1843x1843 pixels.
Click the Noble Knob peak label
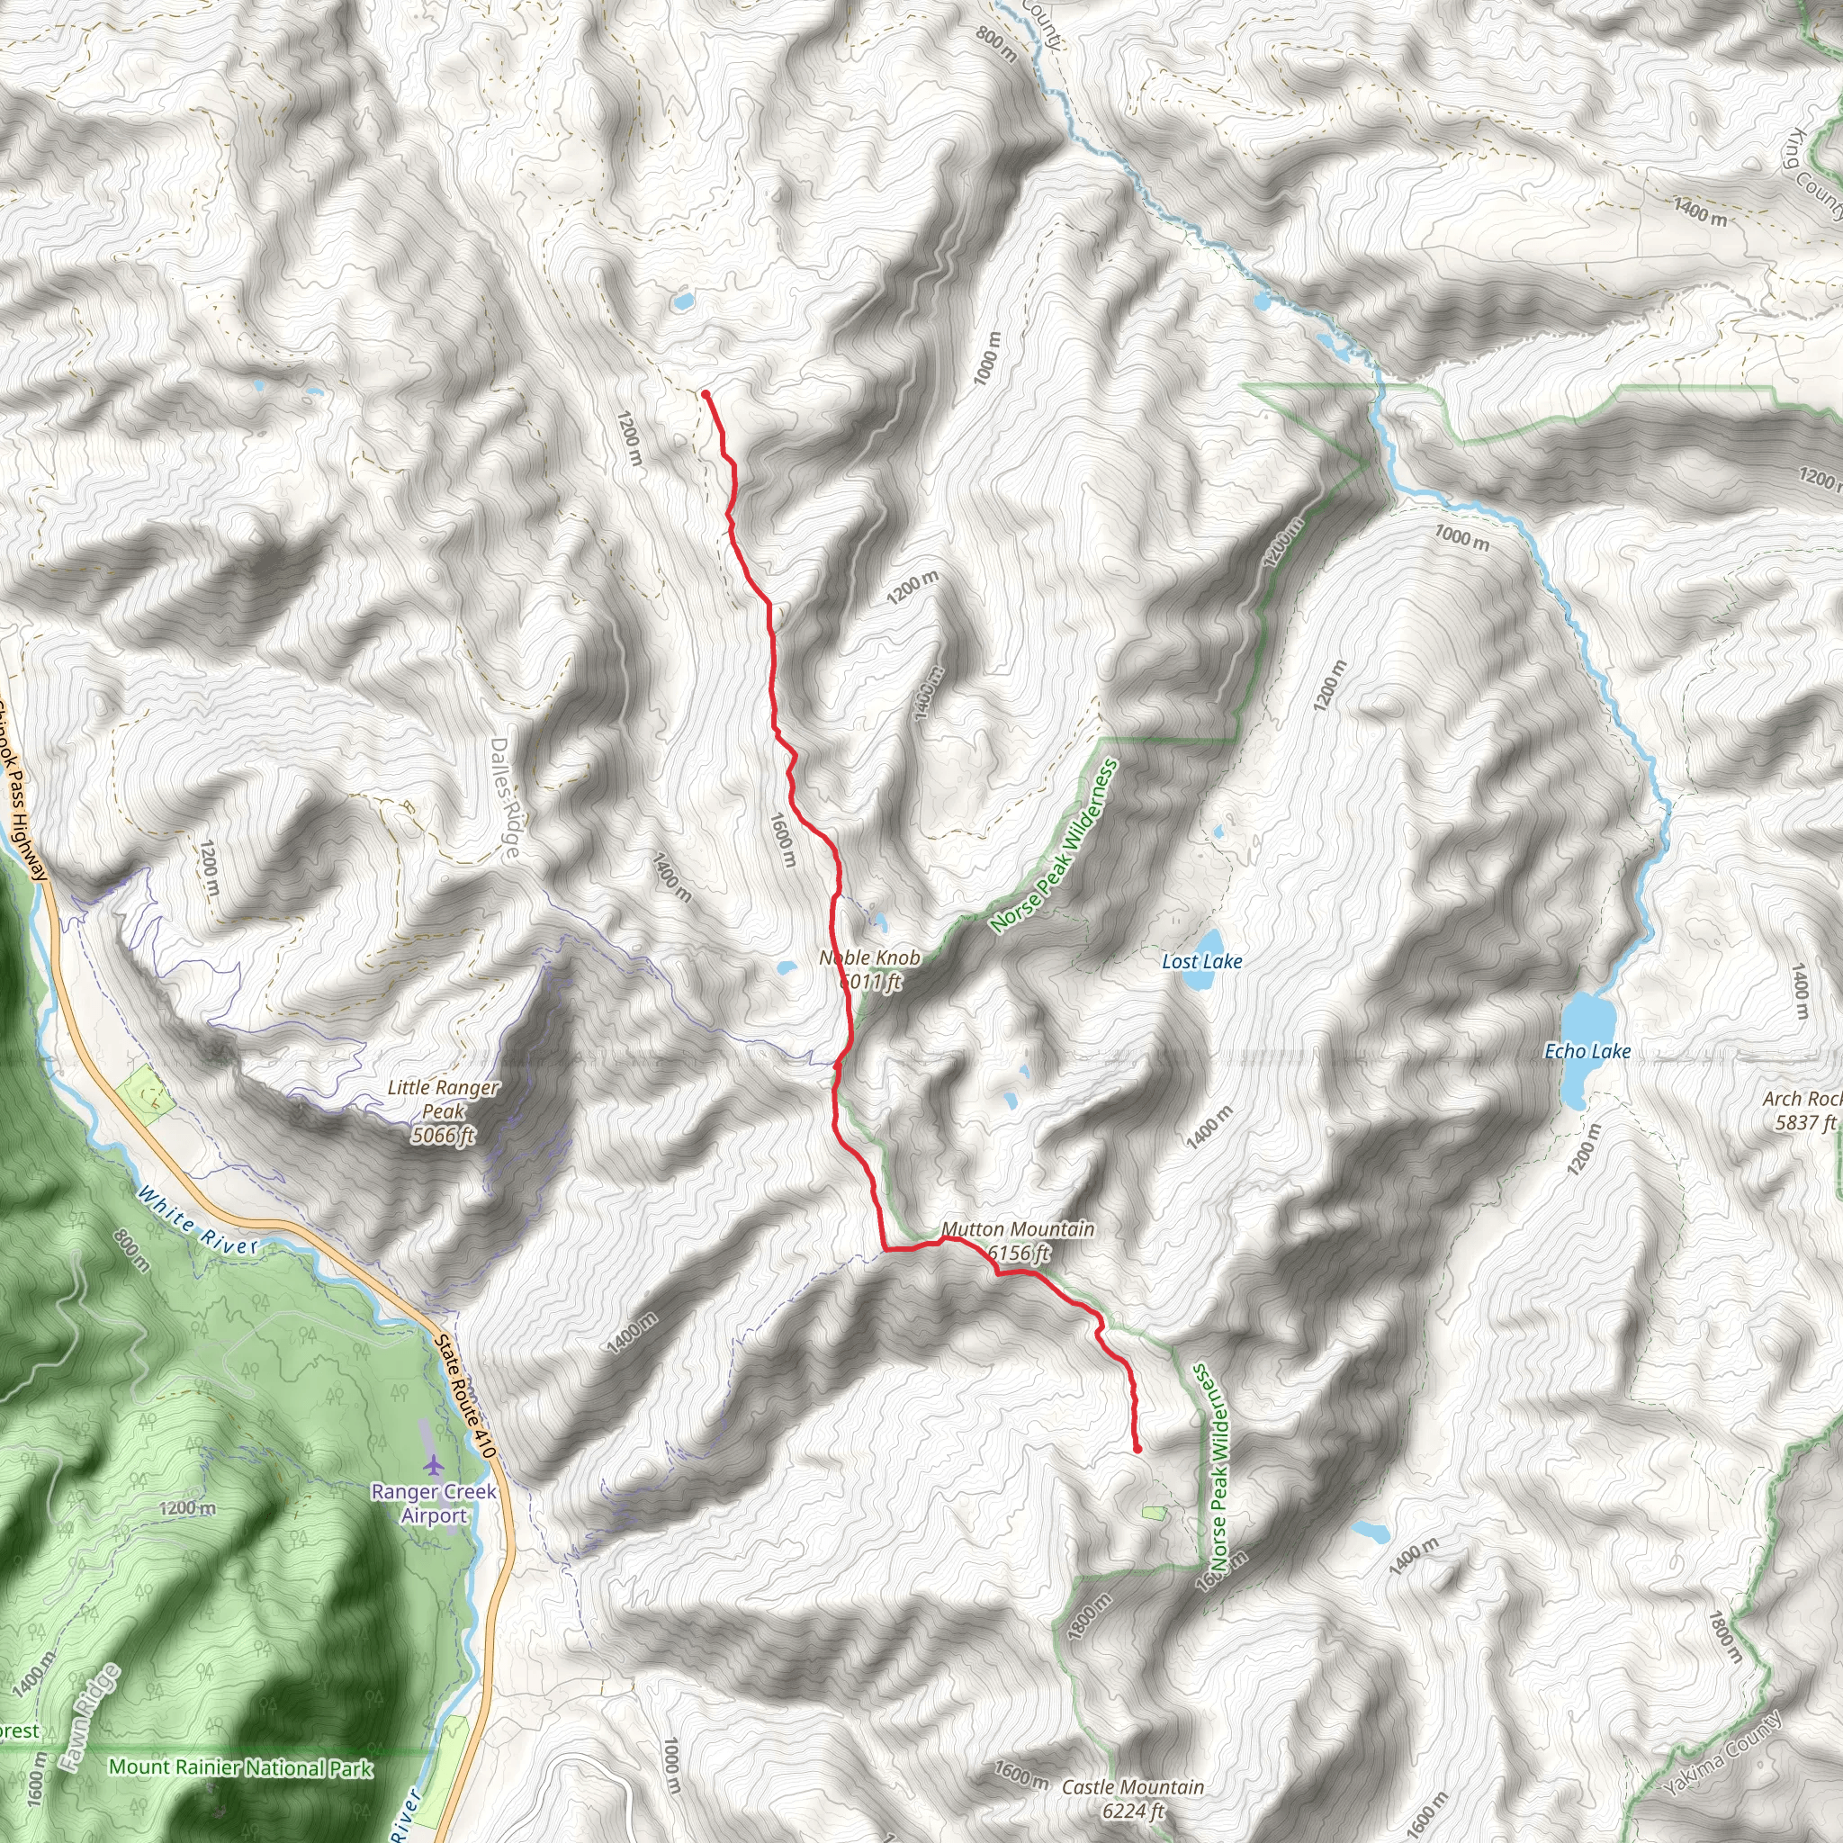(870, 957)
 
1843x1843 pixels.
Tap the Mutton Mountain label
(1018, 1228)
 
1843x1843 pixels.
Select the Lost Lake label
(1202, 962)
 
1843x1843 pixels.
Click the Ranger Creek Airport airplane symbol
(434, 1463)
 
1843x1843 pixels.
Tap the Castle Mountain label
(1132, 1786)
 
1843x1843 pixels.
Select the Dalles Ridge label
(507, 797)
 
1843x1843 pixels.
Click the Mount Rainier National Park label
(240, 1767)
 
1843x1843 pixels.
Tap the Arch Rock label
(1802, 1098)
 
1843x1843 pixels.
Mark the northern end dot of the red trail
(705, 394)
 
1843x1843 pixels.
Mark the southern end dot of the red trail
(1137, 1450)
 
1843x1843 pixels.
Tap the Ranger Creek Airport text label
(434, 1504)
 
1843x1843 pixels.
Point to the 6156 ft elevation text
(1019, 1253)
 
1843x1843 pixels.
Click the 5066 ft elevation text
(443, 1135)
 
